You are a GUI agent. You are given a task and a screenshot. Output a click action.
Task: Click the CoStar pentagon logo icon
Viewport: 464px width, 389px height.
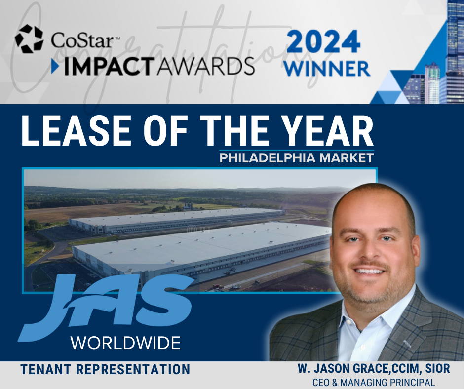coord(29,39)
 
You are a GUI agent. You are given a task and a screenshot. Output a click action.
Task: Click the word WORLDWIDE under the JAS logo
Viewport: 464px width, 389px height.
coord(125,342)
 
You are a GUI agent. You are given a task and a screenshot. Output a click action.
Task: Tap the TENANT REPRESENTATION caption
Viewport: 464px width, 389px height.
coord(105,369)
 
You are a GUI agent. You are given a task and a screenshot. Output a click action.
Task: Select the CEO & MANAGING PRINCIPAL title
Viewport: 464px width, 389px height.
coord(373,382)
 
